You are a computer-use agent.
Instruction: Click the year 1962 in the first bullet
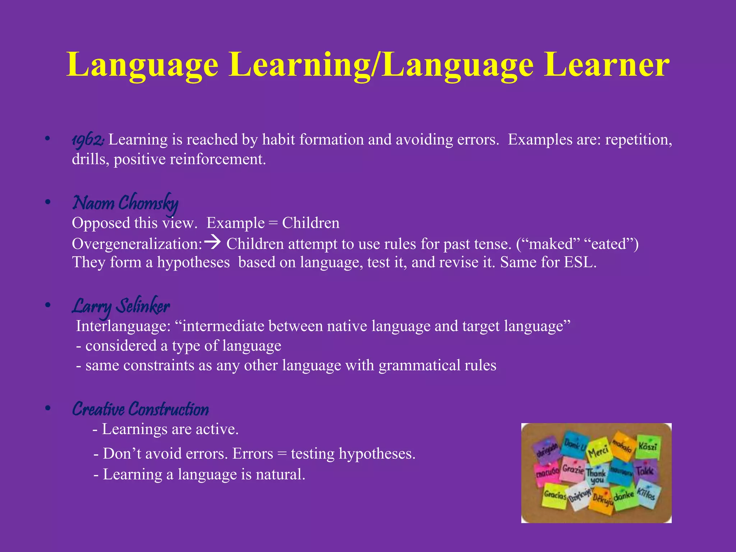pos(87,140)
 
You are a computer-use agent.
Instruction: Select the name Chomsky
pos(148,203)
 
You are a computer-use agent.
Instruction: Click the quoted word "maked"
pos(549,244)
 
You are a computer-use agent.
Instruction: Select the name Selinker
pos(144,306)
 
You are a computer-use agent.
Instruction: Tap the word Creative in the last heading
pos(98,409)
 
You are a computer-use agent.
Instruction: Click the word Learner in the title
pos(607,65)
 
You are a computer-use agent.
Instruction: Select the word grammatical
pos(419,365)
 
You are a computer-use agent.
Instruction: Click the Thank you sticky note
pos(596,475)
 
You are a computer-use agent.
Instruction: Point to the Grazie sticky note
pos(573,469)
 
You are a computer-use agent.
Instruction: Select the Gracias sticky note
pos(555,495)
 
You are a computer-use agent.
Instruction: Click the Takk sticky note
pos(645,470)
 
